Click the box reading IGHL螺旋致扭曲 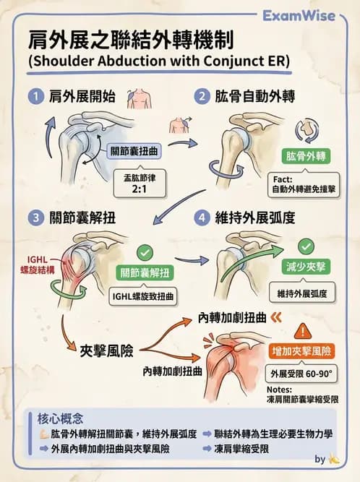tap(145, 296)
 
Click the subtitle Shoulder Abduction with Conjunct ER tap(158, 61)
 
